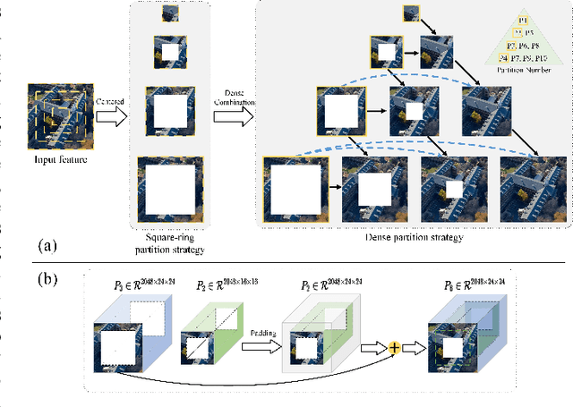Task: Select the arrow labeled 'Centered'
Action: [x=110, y=116]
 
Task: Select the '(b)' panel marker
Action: [x=47, y=278]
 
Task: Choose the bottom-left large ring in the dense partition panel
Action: [x=293, y=188]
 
